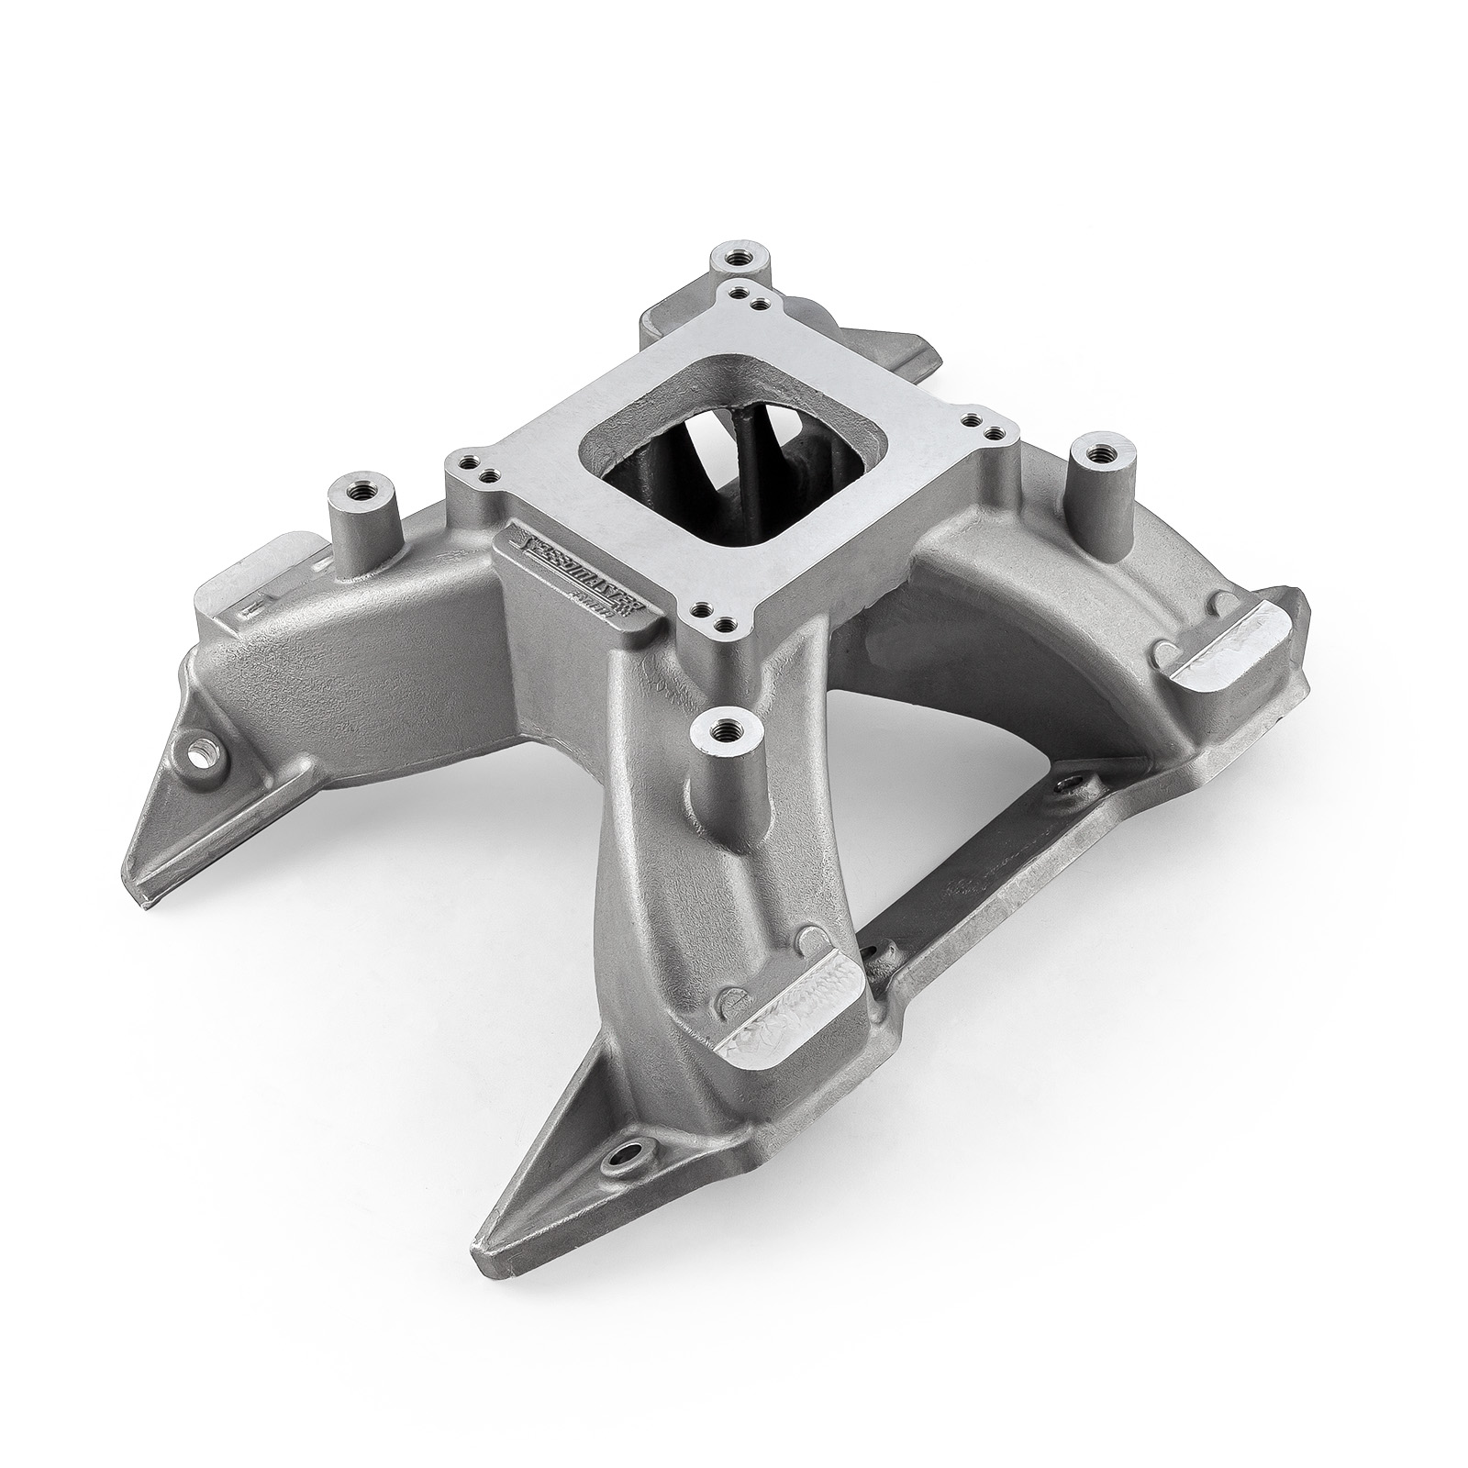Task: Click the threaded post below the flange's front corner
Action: [715, 739]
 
